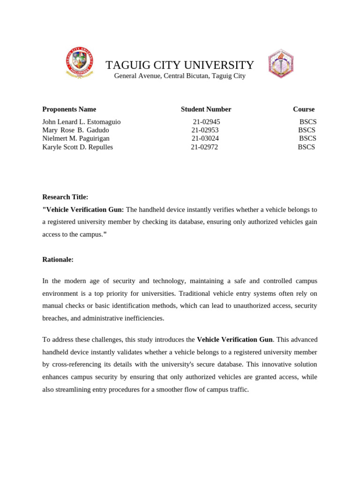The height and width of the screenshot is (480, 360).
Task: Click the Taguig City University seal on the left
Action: (x=79, y=63)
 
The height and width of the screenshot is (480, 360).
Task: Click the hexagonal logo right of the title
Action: (x=280, y=64)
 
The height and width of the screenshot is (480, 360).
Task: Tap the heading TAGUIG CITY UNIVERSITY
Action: (x=180, y=65)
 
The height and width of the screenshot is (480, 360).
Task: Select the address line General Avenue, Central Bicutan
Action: (x=180, y=76)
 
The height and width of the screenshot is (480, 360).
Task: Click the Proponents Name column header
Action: (x=69, y=109)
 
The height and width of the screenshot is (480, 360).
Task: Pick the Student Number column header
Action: (x=206, y=109)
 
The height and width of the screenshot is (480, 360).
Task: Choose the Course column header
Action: (x=304, y=109)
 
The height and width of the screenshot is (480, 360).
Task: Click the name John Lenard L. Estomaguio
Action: (x=81, y=122)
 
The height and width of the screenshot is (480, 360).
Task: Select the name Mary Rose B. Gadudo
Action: (x=75, y=130)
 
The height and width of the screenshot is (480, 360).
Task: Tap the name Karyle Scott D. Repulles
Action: (x=77, y=147)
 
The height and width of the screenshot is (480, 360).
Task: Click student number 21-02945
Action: (x=206, y=122)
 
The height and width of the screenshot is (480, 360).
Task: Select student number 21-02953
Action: (x=205, y=130)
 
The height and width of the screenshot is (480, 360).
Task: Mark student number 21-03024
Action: (x=205, y=139)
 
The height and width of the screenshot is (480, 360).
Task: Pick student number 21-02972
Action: (x=204, y=147)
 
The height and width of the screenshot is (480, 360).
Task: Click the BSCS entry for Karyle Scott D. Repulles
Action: (x=307, y=147)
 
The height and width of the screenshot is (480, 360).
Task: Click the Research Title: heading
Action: (x=65, y=197)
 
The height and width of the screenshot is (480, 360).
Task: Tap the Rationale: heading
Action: (x=58, y=260)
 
